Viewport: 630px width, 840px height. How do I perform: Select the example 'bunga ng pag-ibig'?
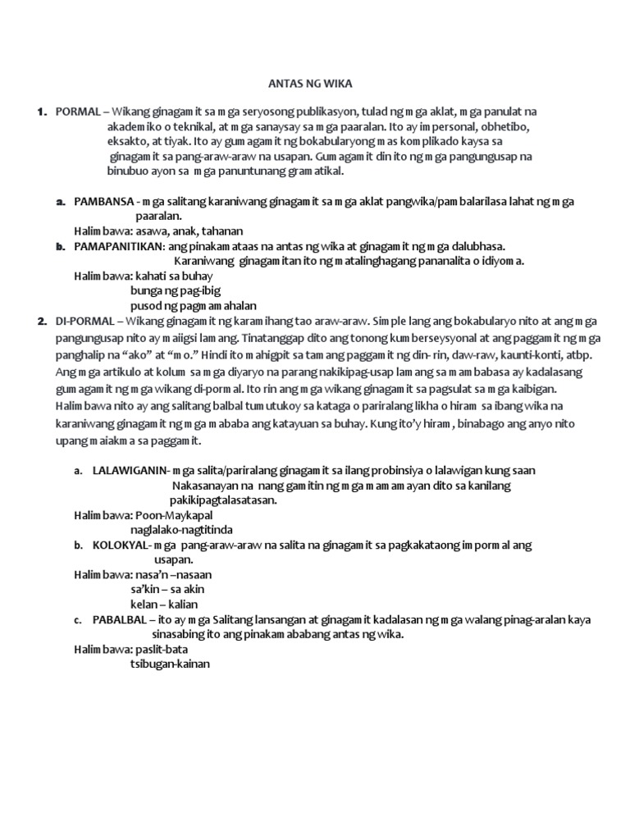[x=175, y=290]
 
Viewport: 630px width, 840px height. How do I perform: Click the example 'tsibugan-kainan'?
[x=170, y=664]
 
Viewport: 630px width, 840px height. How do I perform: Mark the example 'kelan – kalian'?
[x=167, y=604]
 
